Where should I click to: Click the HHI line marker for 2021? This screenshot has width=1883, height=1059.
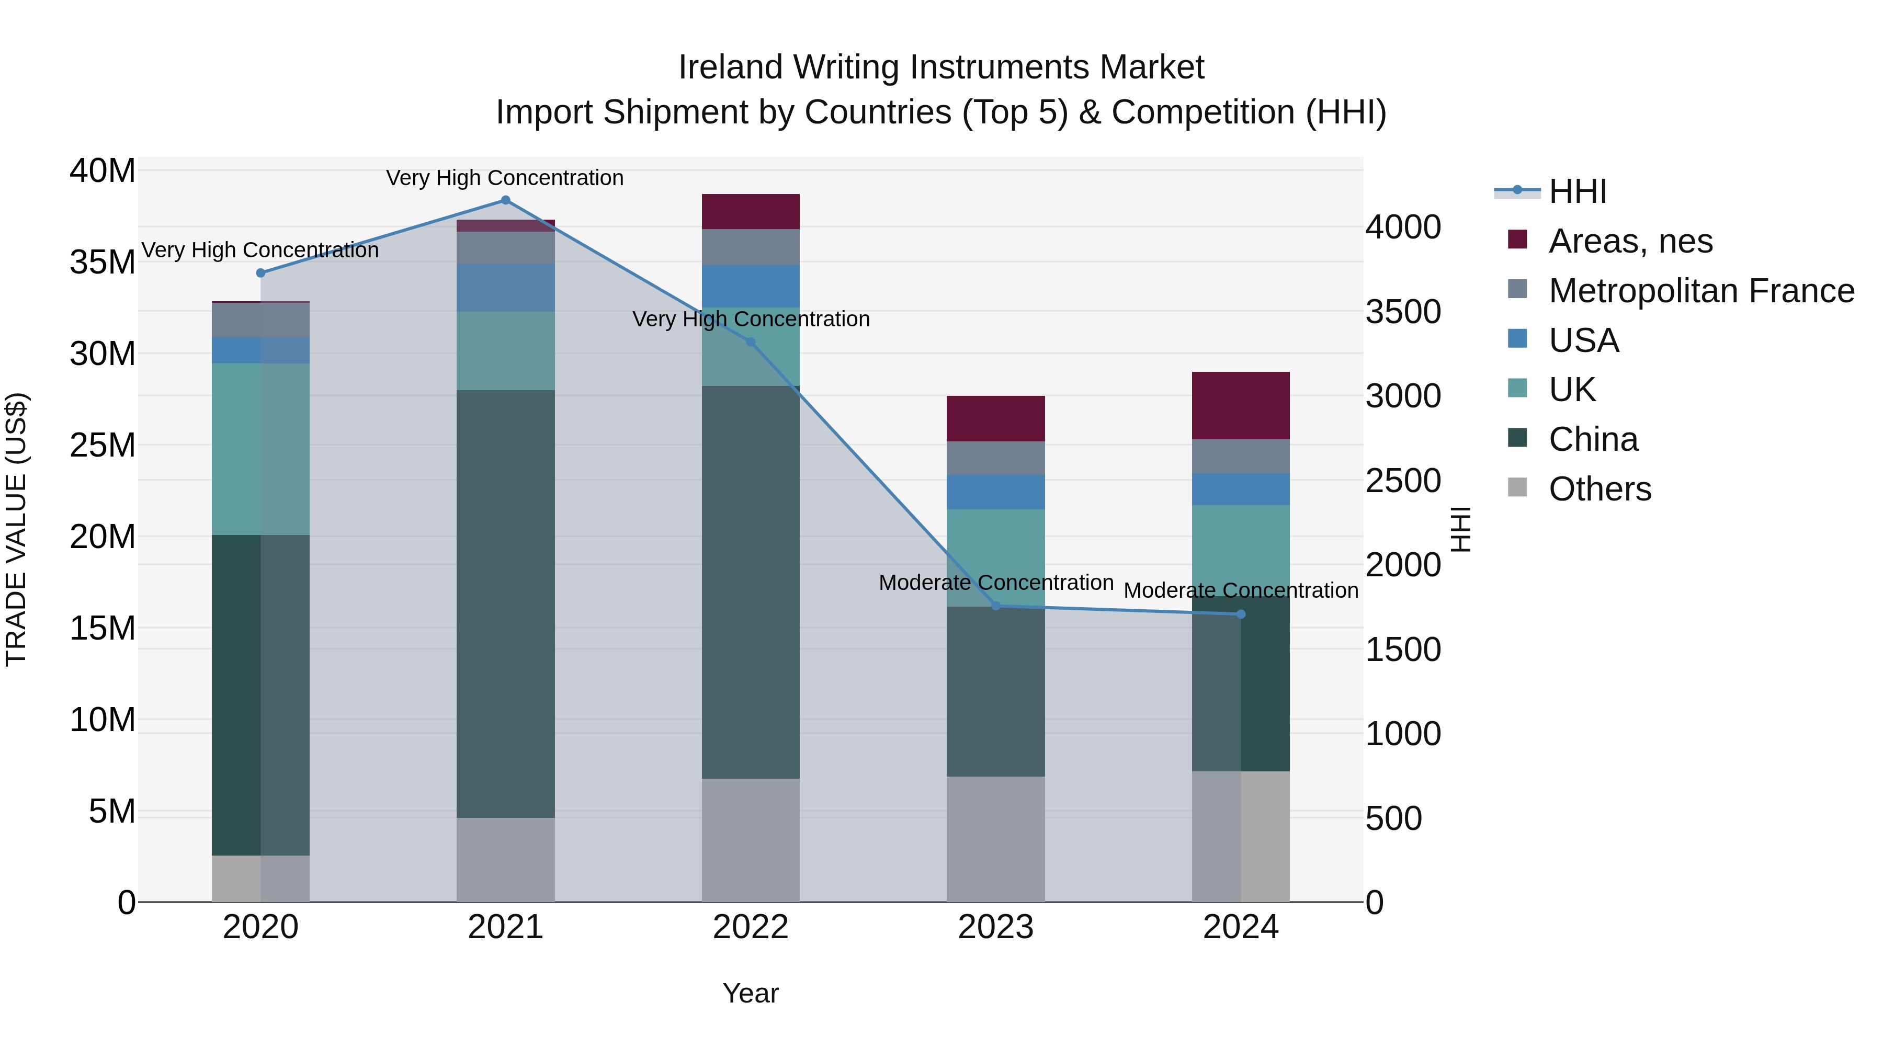tap(505, 200)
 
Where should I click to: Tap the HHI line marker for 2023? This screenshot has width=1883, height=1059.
tap(995, 606)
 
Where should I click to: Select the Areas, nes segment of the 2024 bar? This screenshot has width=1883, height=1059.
tap(1241, 406)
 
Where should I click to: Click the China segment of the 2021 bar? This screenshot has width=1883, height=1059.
tap(505, 603)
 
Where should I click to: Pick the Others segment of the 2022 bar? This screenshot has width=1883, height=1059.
tap(751, 840)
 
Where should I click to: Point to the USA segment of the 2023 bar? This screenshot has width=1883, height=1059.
tap(995, 492)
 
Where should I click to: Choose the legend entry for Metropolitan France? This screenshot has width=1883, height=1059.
tap(1701, 291)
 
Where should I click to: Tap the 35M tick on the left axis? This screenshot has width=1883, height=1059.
tap(103, 263)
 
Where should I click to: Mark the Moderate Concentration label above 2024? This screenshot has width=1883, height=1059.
tap(1241, 590)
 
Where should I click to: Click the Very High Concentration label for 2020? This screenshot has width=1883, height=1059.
tap(260, 250)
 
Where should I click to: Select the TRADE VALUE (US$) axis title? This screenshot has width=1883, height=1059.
tap(17, 529)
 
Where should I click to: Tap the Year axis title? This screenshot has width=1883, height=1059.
tap(751, 993)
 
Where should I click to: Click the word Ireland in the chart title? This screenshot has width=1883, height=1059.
tap(732, 67)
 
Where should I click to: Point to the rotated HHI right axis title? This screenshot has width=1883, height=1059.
tap(1460, 529)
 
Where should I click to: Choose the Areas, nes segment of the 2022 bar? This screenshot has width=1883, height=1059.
tap(751, 211)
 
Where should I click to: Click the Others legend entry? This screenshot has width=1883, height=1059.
tap(1600, 489)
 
